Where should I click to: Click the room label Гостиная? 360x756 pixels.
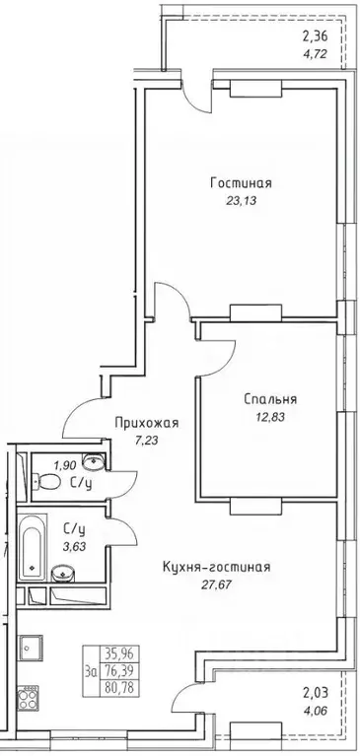point(240,182)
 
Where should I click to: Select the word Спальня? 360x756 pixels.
point(270,399)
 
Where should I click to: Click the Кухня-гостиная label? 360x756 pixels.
point(216,567)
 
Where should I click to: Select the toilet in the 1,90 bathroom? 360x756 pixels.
point(39,482)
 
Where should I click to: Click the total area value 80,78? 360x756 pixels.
point(121,680)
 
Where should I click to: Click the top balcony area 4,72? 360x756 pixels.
point(316,55)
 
